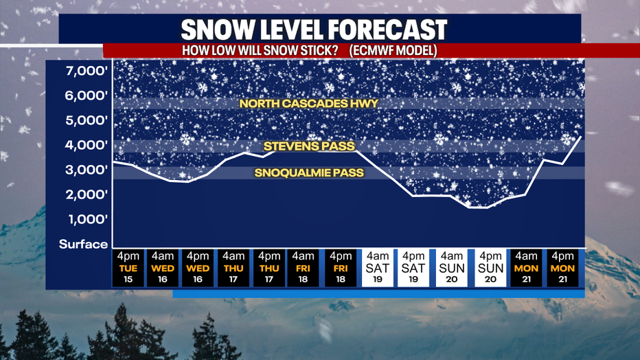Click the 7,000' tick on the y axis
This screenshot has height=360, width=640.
pyautogui.click(x=87, y=71)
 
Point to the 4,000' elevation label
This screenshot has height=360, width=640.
pyautogui.click(x=87, y=145)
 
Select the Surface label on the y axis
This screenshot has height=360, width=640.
pyautogui.click(x=83, y=244)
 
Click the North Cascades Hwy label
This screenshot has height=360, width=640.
pyautogui.click(x=309, y=103)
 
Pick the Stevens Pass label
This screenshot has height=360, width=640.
pyautogui.click(x=309, y=146)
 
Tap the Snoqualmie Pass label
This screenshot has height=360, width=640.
pyautogui.click(x=309, y=172)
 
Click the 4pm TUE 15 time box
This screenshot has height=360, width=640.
pyautogui.click(x=128, y=268)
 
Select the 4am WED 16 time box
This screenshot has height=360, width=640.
pyautogui.click(x=163, y=268)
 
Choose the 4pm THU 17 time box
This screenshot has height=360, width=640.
pyautogui.click(x=269, y=268)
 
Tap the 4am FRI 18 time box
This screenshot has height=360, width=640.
pyautogui.click(x=303, y=268)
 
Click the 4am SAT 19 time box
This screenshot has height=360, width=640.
pyautogui.click(x=378, y=268)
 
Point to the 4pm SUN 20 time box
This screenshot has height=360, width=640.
pyautogui.click(x=490, y=268)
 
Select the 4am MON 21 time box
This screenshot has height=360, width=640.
pyautogui.click(x=526, y=268)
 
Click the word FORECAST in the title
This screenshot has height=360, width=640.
pyautogui.click(x=388, y=30)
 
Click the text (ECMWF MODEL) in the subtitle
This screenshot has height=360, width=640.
pyautogui.click(x=393, y=51)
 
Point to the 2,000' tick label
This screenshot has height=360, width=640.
pyautogui.click(x=87, y=194)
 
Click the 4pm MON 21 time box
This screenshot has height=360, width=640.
pyautogui.click(x=562, y=268)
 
